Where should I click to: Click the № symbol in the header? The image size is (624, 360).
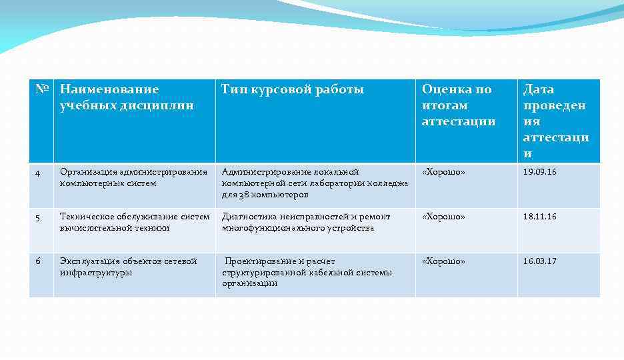[41, 89]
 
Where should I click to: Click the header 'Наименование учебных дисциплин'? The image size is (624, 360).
[127, 97]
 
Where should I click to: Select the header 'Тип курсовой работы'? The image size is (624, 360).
[293, 89]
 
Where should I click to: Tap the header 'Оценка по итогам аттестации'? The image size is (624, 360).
[459, 105]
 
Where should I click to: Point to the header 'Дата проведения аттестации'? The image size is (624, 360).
[555, 121]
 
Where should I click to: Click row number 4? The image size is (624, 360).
[38, 173]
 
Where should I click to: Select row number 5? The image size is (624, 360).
[38, 217]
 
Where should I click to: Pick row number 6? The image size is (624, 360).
[38, 261]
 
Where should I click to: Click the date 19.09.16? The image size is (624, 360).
[539, 172]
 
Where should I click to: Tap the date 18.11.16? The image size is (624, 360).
[539, 217]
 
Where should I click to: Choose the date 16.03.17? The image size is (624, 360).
[539, 261]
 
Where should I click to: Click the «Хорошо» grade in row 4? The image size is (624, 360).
[443, 172]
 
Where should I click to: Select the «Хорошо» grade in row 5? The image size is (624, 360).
[443, 217]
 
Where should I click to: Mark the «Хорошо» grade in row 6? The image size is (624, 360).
[443, 261]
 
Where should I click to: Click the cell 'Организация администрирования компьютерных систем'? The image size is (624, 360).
[133, 178]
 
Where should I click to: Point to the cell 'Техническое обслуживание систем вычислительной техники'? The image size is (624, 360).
[134, 222]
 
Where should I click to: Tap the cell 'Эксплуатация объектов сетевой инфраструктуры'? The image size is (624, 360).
[128, 267]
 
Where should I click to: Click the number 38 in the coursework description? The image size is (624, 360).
[245, 195]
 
